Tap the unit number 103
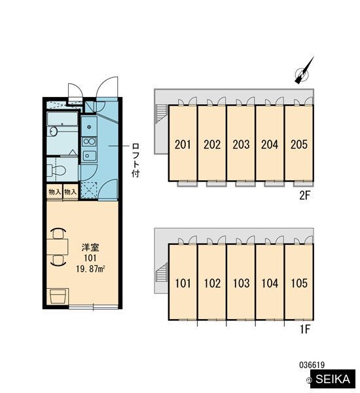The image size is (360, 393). coord(241,283)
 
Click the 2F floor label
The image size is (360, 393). coord(305,195)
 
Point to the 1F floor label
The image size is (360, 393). coord(305,329)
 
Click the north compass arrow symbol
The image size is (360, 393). coord(304,71)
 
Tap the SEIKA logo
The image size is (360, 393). coord(333,379)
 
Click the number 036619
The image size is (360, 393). coord(312,365)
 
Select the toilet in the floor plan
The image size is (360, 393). coord(56,170)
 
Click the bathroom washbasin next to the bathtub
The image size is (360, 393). coord(53,132)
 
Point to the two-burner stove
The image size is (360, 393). coord(89,141)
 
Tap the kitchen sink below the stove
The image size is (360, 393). coord(89,156)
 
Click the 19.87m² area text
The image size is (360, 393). coord(90,269)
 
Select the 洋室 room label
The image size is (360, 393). coord(90,248)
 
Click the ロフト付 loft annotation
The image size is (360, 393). coord(135,160)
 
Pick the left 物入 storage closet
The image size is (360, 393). coord(54,192)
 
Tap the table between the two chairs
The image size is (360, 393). coord(58,247)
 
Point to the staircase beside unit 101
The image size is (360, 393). coord(162,273)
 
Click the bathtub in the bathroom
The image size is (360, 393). coord(62,119)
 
